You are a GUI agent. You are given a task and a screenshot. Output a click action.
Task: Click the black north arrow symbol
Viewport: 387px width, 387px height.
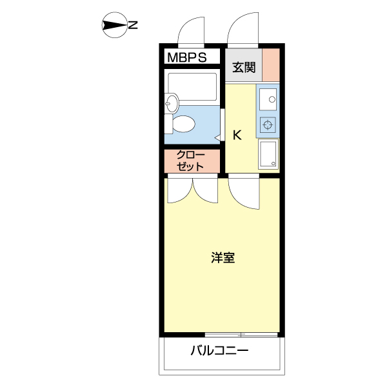[114, 26]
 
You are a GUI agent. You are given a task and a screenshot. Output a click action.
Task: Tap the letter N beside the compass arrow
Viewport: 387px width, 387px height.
[133, 26]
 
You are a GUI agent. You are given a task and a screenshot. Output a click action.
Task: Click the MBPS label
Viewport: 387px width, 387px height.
[187, 57]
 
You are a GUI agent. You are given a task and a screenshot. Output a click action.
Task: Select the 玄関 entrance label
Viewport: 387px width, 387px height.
[244, 66]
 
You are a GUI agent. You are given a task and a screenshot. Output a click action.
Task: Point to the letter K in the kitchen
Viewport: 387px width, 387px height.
[237, 135]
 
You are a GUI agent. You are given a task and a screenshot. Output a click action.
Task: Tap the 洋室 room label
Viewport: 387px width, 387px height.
[223, 258]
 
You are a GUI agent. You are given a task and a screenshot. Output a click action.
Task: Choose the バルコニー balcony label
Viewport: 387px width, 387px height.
[219, 352]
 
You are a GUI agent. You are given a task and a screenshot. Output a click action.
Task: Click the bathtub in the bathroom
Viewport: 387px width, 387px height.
[192, 86]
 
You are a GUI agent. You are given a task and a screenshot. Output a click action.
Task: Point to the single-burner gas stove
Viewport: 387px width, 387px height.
[268, 124]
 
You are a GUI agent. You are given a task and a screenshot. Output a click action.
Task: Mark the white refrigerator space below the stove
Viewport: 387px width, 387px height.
[268, 155]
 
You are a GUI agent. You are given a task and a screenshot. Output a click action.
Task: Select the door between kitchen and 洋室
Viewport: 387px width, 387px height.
[244, 193]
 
